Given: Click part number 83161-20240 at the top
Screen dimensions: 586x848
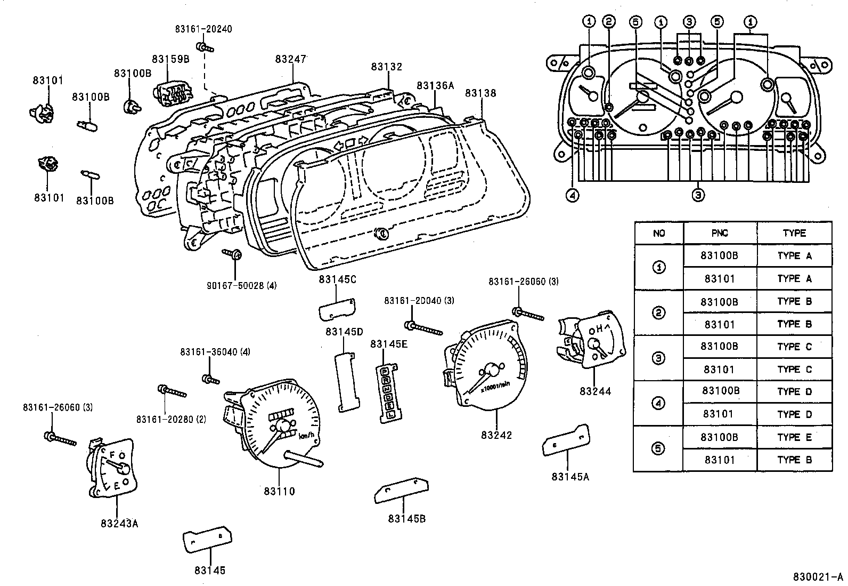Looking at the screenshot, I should coord(203,29).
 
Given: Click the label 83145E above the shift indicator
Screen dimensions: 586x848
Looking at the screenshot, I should coord(389,344).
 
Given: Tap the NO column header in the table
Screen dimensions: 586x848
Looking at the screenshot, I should coord(659,234).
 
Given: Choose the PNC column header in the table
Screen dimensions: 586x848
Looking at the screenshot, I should coord(720,234).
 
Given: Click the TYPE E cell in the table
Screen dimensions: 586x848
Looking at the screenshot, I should coord(794,437).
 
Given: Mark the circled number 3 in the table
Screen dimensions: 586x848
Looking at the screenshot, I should coord(659,358).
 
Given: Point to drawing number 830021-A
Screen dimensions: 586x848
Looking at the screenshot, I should coord(818,577).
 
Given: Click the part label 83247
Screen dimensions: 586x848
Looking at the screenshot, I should coord(291,59).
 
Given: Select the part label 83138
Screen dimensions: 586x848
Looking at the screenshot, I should coord(480,93).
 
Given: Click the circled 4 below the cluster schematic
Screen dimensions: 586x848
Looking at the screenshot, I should coord(573,196).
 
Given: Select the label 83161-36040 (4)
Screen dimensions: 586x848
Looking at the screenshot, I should coord(215,352).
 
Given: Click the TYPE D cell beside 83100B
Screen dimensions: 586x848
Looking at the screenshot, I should coord(794,391).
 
